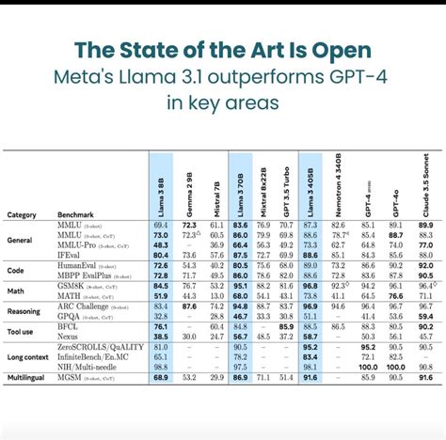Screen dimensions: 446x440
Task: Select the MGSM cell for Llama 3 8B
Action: (161, 376)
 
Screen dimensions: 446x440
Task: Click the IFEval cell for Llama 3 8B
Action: (161, 255)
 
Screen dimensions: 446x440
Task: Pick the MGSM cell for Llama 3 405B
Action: (311, 376)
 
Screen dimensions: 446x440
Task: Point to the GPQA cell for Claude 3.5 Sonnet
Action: (425, 317)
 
